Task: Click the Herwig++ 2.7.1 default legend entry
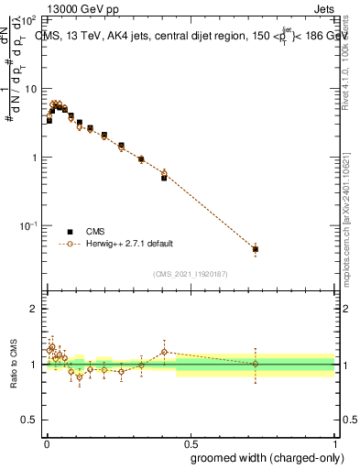pos(129,244)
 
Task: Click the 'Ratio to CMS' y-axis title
pos(12,365)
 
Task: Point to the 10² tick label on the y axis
pos(29,19)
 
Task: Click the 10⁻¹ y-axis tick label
pos(29,225)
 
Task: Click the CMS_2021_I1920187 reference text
pos(190,274)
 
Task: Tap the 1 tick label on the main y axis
pos(34,158)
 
